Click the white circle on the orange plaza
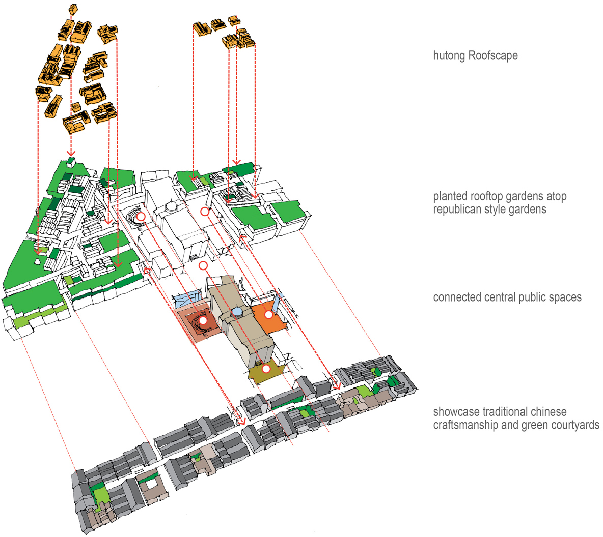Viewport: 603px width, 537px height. (x=268, y=315)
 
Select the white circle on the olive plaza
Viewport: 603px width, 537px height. (x=266, y=369)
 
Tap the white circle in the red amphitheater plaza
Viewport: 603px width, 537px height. (x=203, y=321)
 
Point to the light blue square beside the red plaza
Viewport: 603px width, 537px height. (x=187, y=299)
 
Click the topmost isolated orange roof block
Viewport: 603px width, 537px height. (x=73, y=9)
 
